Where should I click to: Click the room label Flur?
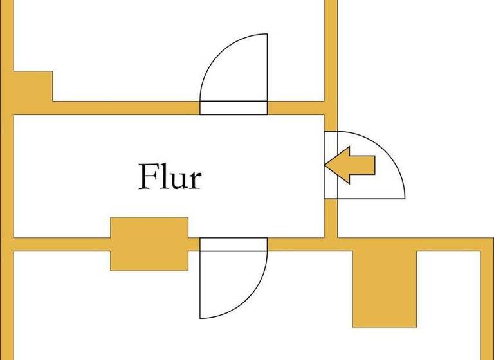(170, 177)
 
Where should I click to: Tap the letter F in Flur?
(148, 176)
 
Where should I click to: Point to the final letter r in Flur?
(194, 181)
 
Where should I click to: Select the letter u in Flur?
(176, 181)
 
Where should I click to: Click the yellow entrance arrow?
(350, 165)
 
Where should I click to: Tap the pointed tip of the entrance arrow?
(325, 165)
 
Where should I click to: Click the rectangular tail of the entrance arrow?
(362, 165)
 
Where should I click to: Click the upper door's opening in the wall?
(233, 108)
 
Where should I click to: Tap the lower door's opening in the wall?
(233, 244)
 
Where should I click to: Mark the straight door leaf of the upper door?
(267, 67)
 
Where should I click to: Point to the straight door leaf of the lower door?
(200, 285)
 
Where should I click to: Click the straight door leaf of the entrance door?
(371, 199)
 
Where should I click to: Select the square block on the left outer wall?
(33, 86)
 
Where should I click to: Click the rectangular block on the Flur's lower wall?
(149, 244)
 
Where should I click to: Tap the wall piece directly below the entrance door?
(331, 218)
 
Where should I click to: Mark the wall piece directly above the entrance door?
(331, 123)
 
